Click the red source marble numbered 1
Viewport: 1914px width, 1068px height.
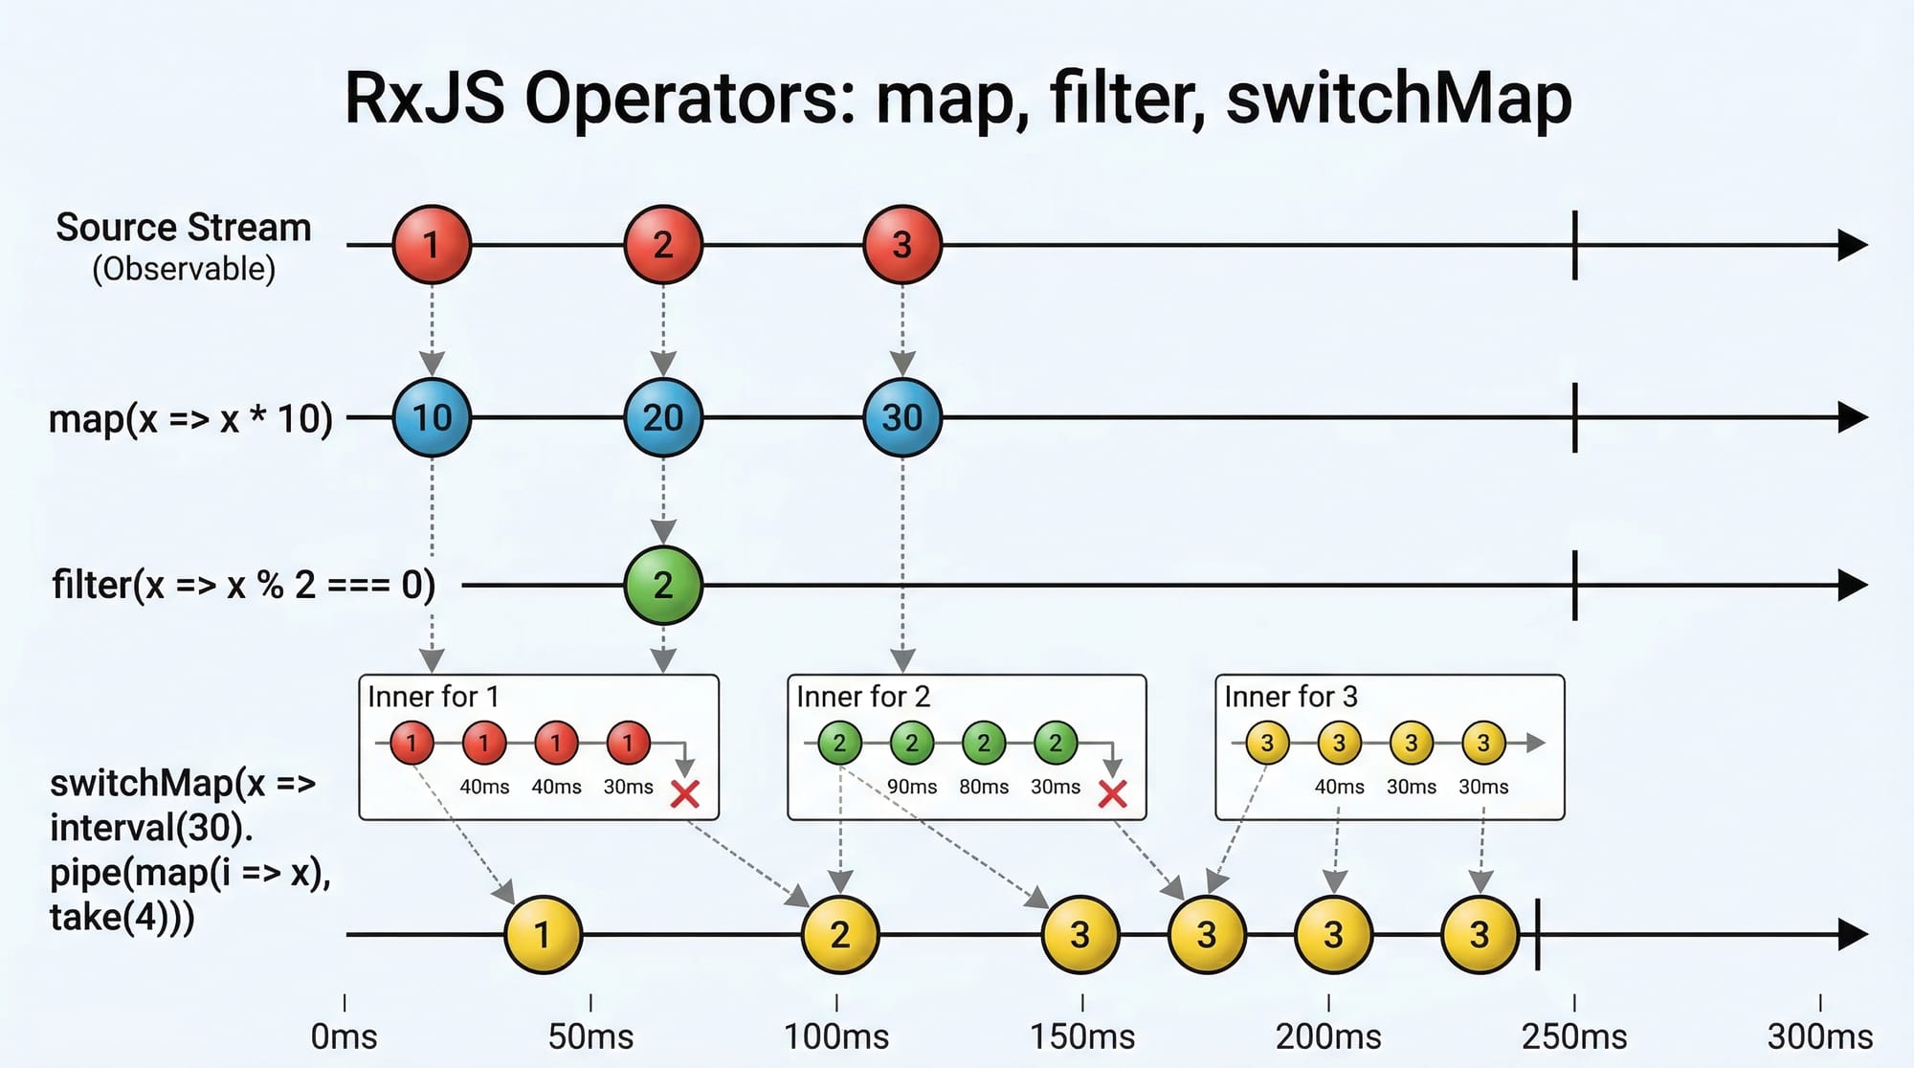[432, 245]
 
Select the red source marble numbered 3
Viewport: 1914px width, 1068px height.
[901, 245]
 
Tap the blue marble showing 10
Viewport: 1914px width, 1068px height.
[432, 417]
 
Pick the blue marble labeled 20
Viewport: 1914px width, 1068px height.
[663, 417]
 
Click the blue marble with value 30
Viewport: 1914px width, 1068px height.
[901, 417]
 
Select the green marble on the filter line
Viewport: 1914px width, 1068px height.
[663, 585]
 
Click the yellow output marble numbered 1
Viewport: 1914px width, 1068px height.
[543, 934]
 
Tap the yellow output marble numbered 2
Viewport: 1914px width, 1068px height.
[839, 934]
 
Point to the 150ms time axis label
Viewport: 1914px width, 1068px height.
[1082, 1036]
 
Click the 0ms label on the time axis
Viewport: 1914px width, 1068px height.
[345, 1036]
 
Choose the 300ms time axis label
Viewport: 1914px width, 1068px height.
[1819, 1036]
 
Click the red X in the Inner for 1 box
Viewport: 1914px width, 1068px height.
[685, 793]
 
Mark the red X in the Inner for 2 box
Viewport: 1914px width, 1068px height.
[1112, 793]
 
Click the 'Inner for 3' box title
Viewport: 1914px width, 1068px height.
[1291, 697]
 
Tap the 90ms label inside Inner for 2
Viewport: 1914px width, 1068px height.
[911, 787]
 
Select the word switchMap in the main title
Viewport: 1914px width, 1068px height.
[1398, 99]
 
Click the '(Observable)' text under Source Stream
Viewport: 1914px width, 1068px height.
[184, 269]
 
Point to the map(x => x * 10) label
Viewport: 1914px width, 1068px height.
[190, 418]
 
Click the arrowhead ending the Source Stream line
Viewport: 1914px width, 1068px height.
[1853, 245]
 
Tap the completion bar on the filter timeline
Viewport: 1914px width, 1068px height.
[1574, 585]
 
